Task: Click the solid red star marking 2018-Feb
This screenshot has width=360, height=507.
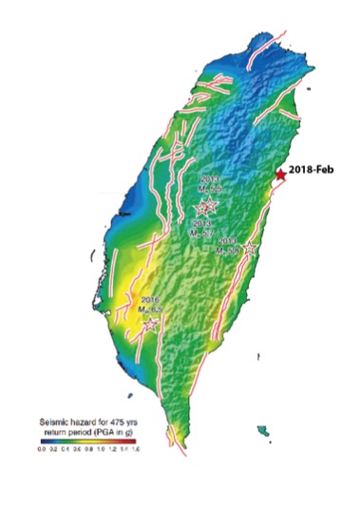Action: point(279,175)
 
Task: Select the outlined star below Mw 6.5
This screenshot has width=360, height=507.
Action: point(149,323)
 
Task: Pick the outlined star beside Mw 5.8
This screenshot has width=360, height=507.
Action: point(250,249)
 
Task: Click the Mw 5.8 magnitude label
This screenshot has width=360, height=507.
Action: point(229,250)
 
